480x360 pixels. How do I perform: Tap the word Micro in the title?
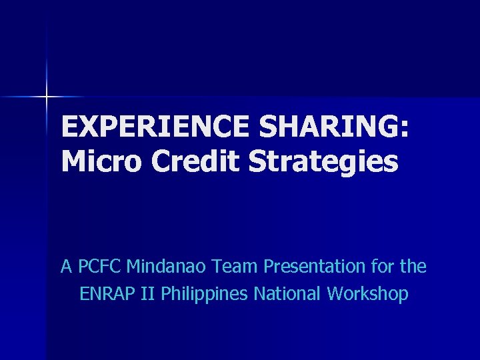tap(101, 161)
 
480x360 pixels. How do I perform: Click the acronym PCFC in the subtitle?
tap(100, 267)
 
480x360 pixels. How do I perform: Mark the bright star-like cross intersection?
tap(47, 97)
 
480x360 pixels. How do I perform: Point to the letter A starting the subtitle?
tap(66, 267)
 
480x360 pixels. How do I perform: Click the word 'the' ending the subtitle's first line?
tap(413, 267)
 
